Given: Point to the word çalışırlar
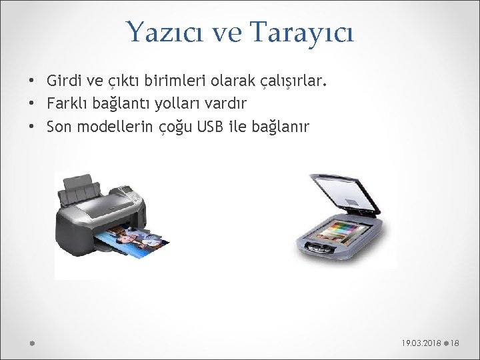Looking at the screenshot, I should [x=291, y=81].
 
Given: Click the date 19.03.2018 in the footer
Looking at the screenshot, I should [x=421, y=343].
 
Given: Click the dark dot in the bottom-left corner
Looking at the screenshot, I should [x=31, y=343].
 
